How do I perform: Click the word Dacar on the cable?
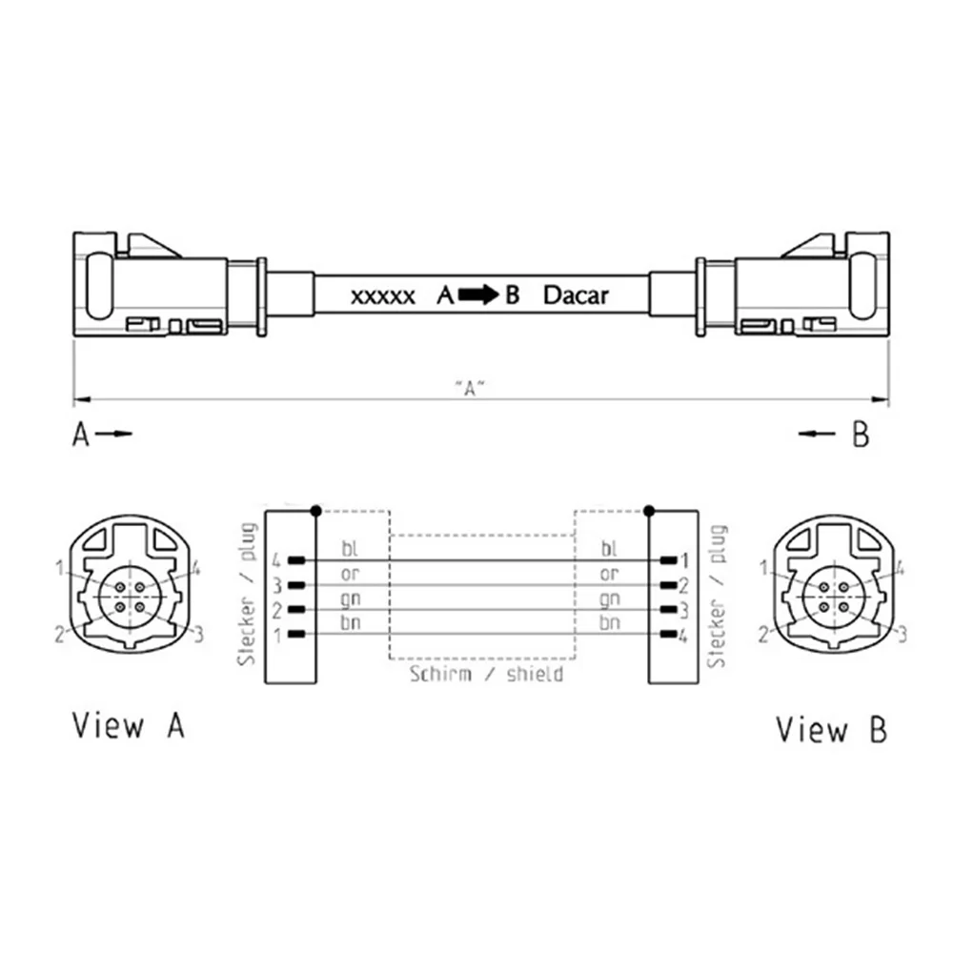pyautogui.click(x=576, y=295)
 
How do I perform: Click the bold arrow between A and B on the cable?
pyautogui.click(x=477, y=294)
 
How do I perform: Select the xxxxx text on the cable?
pyautogui.click(x=383, y=297)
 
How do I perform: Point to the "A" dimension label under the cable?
pyautogui.click(x=471, y=388)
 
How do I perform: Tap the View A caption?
pyautogui.click(x=129, y=724)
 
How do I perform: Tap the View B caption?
pyautogui.click(x=831, y=729)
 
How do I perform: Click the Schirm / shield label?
pyautogui.click(x=486, y=674)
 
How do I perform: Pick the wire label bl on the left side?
pyautogui.click(x=350, y=548)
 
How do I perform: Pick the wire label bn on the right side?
pyautogui.click(x=609, y=622)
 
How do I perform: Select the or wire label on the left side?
pyautogui.click(x=350, y=574)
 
